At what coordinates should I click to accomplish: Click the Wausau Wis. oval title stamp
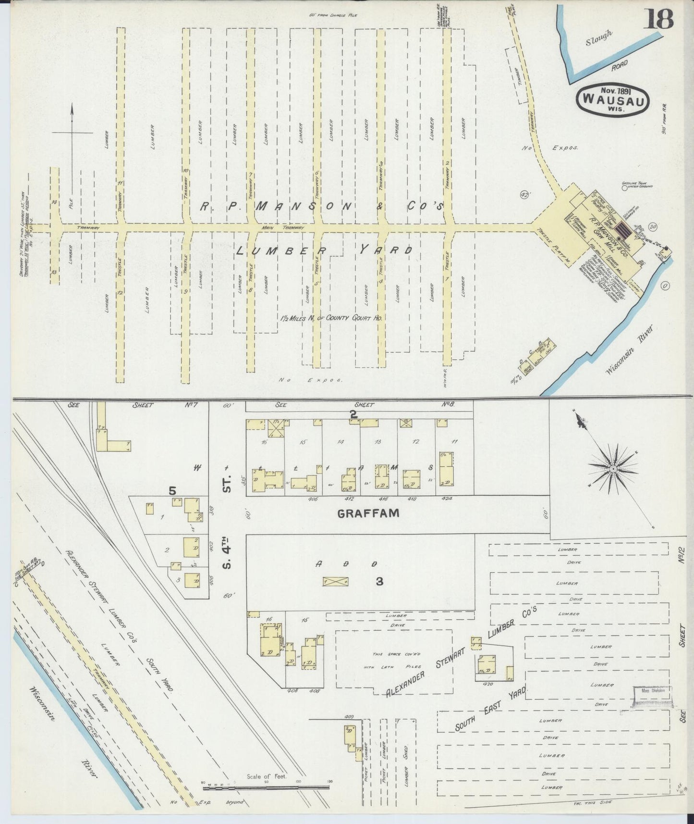613,99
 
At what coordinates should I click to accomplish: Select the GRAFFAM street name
368,513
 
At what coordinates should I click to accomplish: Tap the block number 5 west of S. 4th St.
173,491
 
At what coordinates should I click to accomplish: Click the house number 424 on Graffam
448,499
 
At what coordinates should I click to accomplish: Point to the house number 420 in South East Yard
488,684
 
